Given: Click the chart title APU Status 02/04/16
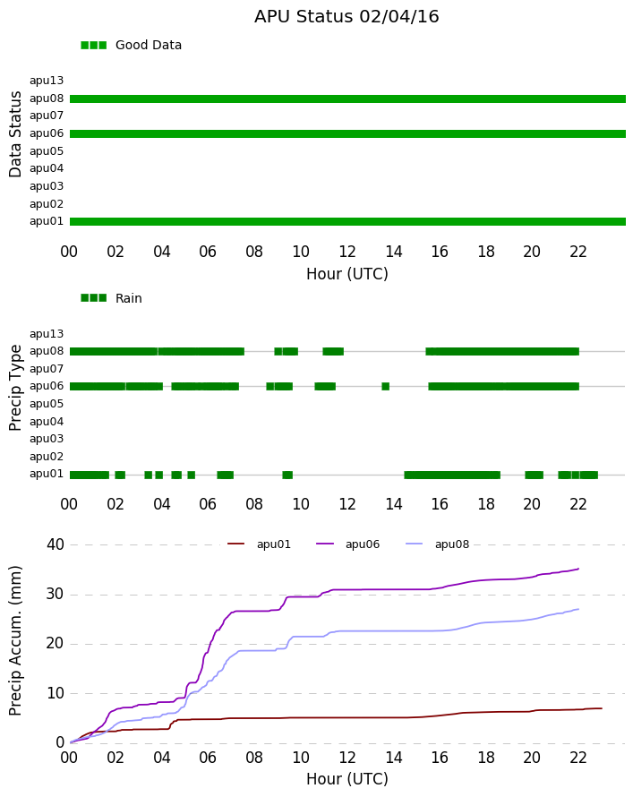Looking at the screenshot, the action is point(346,16).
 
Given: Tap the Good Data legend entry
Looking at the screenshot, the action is point(131,45).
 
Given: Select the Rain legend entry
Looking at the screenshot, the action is point(111,298).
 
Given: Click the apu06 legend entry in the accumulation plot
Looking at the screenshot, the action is point(348,544).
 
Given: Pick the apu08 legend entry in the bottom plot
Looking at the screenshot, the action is point(438,544).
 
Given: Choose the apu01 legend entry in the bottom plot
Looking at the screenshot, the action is point(259,544).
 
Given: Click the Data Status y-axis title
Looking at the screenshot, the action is point(15,134).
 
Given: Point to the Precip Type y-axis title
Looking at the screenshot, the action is point(15,388).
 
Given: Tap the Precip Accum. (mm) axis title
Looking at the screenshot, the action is point(15,640).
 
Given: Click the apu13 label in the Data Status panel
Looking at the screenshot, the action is point(47,81).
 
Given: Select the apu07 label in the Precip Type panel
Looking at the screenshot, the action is point(47,369).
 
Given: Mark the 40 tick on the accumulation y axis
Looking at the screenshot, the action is point(56,544).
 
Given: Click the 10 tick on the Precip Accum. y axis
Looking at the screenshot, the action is point(56,693).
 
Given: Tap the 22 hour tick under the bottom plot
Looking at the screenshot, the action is point(578,758).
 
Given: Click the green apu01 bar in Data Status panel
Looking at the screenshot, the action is point(347,221).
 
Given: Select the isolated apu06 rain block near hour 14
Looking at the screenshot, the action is point(386,386).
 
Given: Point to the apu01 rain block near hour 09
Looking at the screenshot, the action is point(287,475).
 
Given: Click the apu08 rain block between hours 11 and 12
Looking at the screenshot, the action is point(333,351).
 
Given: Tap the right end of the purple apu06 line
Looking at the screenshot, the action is point(578,569).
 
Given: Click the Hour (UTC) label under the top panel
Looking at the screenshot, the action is point(347,274).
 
